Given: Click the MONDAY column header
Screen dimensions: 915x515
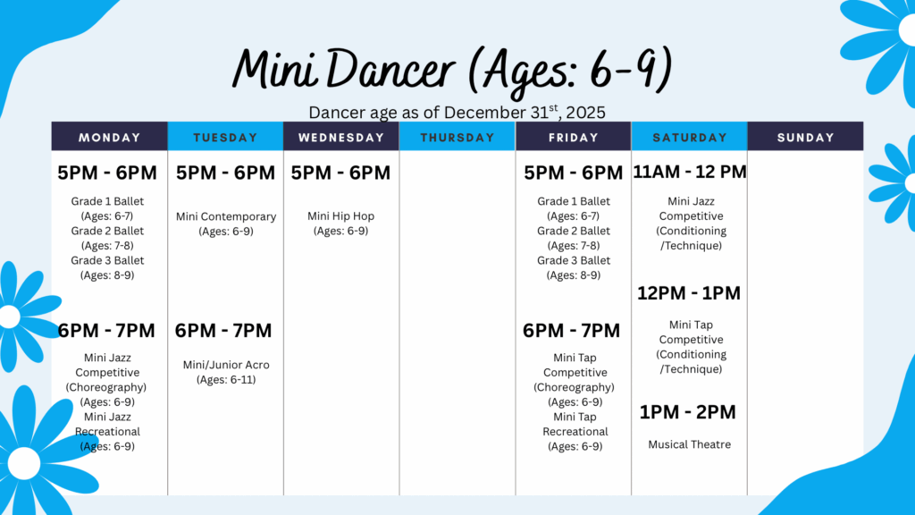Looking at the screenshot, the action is point(110,137).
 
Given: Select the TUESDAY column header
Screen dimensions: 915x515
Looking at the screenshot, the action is point(225,137).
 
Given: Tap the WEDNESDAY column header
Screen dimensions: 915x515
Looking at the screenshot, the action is point(341,137).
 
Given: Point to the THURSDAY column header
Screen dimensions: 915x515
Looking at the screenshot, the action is point(457,137).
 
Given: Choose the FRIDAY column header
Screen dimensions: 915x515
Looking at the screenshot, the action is point(573,137).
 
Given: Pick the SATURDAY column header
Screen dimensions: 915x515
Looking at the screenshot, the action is point(690,137).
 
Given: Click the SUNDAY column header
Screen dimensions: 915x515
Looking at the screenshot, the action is point(805,137).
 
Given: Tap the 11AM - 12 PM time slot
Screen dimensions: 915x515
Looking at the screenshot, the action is point(690,172).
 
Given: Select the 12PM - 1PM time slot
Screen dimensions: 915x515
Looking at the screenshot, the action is point(689,293).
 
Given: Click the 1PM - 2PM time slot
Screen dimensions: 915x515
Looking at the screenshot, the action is point(687,412).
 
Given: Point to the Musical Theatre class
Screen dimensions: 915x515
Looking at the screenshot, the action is point(689,444).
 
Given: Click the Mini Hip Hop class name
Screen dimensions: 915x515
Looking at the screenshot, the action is point(340,216).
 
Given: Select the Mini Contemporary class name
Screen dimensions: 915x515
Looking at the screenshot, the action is point(226,216).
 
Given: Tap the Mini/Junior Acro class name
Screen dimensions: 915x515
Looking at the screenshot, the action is point(226,365).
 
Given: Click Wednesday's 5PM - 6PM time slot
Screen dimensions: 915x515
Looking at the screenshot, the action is point(340,173).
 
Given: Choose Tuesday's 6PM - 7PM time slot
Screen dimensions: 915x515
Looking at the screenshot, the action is point(223,331).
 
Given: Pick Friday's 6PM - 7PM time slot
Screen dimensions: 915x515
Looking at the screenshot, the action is point(571,331).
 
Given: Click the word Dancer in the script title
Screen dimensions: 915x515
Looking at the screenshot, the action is point(390,69).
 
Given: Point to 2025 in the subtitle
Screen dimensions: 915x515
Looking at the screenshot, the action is point(586,112).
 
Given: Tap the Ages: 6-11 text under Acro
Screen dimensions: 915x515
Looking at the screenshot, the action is point(226,379).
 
